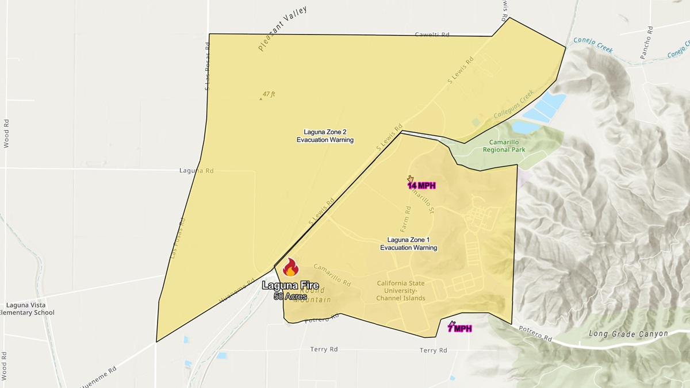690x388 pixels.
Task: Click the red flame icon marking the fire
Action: pyautogui.click(x=291, y=267)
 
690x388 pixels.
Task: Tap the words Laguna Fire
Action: pyautogui.click(x=290, y=285)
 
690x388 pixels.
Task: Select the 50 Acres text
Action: pyautogui.click(x=290, y=297)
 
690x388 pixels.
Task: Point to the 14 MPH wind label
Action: pyautogui.click(x=422, y=185)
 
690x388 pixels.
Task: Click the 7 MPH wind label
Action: pyautogui.click(x=460, y=328)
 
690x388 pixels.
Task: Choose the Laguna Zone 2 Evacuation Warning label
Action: pyautogui.click(x=325, y=136)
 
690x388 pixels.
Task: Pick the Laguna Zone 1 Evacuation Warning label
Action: pyautogui.click(x=408, y=244)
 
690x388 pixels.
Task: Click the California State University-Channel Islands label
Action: pyautogui.click(x=401, y=290)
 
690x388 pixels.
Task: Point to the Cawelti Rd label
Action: pyautogui.click(x=431, y=35)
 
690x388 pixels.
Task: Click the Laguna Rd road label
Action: pyautogui.click(x=197, y=171)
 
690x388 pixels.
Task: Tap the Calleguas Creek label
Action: pyautogui.click(x=513, y=104)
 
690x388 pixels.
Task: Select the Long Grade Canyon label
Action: pyautogui.click(x=628, y=333)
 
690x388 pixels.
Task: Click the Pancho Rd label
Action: pyautogui.click(x=647, y=43)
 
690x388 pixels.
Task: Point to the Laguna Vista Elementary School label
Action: pyautogui.click(x=29, y=309)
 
